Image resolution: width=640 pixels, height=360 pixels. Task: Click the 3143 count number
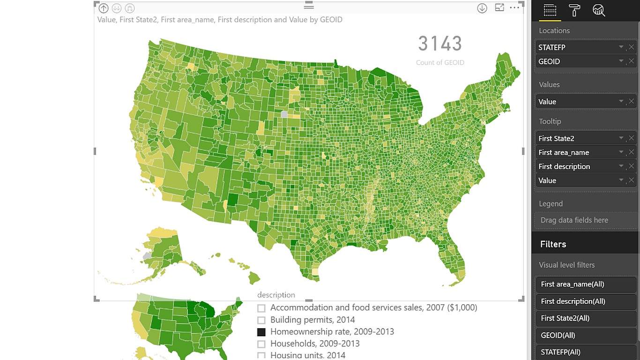pos(439,44)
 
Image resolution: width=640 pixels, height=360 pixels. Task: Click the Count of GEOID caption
pos(439,62)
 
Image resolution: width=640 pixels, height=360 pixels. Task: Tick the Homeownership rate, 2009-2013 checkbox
pos(261,332)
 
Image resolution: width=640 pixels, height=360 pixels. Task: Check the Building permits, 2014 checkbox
pos(261,320)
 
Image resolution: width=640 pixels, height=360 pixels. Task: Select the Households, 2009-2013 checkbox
pos(261,344)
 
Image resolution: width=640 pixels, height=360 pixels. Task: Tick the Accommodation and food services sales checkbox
pos(261,308)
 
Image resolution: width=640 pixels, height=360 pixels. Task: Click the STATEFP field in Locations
pos(576,47)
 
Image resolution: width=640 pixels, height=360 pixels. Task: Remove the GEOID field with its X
pos(631,61)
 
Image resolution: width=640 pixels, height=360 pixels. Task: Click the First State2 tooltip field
pos(576,138)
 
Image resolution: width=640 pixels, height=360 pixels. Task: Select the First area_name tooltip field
pos(576,152)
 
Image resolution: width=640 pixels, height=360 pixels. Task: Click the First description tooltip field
pos(576,166)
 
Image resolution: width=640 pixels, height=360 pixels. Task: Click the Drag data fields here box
pos(585,220)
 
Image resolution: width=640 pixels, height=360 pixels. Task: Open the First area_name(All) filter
pos(585,284)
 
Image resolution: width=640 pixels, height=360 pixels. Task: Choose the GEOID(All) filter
pos(585,335)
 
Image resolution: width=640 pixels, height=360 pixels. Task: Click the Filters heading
pos(553,244)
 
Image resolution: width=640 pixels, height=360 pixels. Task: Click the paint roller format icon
pos(574,10)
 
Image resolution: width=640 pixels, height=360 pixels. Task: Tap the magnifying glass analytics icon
pos(599,10)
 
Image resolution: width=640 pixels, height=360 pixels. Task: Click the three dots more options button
pos(514,7)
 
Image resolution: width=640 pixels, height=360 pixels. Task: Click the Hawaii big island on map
pos(254,278)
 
